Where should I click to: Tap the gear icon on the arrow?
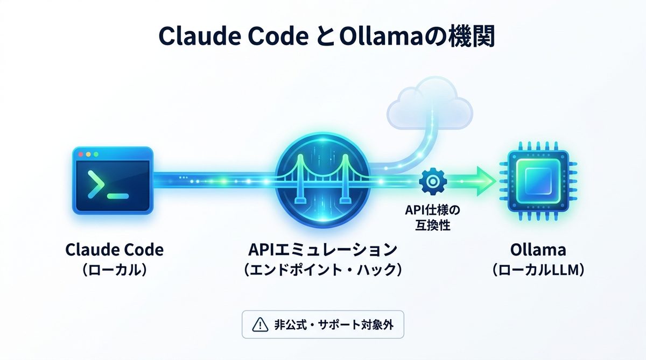coord(430,181)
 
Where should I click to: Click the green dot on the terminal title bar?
coord(96,154)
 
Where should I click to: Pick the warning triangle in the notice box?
coord(259,324)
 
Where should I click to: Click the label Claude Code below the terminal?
coord(114,250)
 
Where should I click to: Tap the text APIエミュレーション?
coord(322,250)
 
